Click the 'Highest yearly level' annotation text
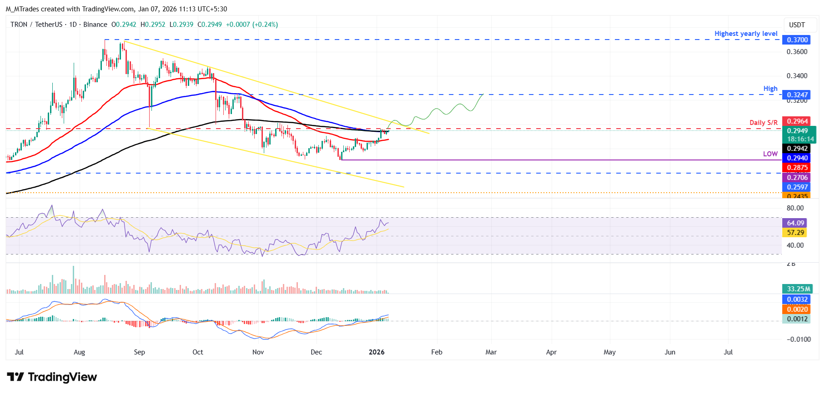click(x=745, y=34)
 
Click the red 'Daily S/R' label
click(x=763, y=123)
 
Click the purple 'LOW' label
click(x=770, y=154)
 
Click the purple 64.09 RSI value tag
click(x=795, y=223)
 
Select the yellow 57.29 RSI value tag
click(x=795, y=233)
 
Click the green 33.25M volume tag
click(x=798, y=289)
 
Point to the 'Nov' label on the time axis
click(x=258, y=352)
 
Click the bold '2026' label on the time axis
click(x=377, y=352)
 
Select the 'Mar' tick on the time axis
click(x=491, y=352)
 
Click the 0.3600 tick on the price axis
click(x=797, y=52)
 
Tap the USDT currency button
click(x=797, y=25)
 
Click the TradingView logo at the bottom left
click(x=52, y=377)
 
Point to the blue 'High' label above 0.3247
click(x=770, y=89)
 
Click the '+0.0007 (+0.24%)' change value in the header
click(x=252, y=25)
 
